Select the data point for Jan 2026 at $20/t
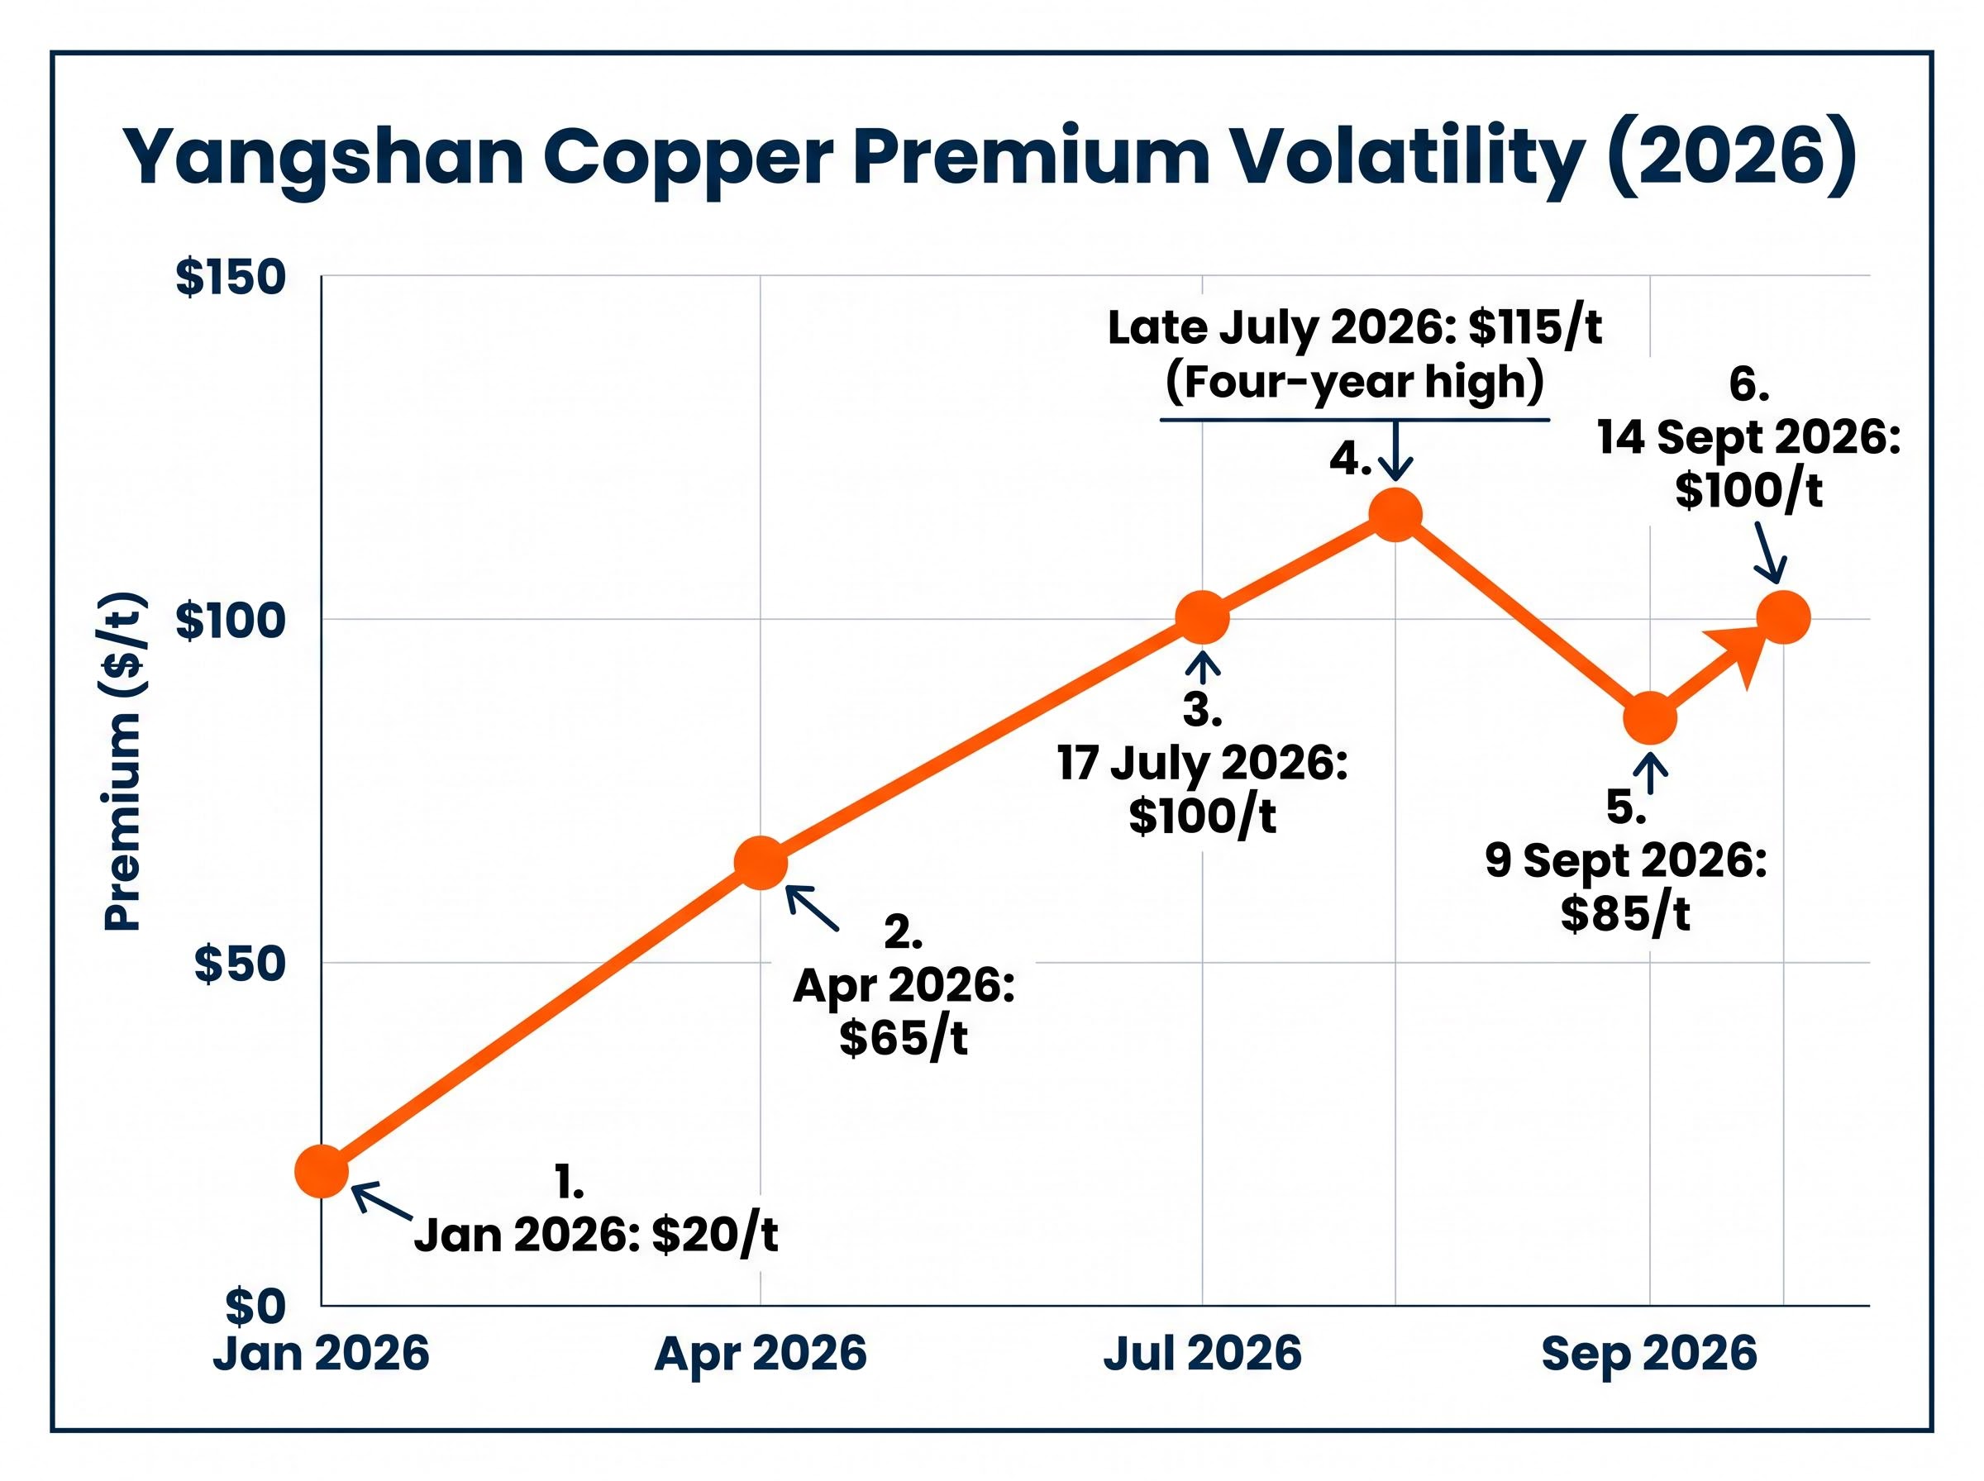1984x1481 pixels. point(321,1171)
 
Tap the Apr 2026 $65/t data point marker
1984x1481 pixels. point(761,863)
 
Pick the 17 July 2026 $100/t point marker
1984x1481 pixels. point(1201,617)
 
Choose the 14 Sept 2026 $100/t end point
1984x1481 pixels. point(1783,617)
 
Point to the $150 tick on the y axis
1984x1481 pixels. point(231,277)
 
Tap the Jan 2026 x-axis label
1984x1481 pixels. point(321,1353)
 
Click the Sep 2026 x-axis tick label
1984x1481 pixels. point(1648,1353)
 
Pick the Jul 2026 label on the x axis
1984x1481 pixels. point(1201,1353)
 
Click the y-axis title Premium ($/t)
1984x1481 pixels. point(123,761)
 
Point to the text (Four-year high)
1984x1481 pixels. point(1355,383)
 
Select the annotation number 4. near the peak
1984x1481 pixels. point(1350,459)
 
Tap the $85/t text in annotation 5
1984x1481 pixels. point(1625,913)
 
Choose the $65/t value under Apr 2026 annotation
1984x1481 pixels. point(904,1037)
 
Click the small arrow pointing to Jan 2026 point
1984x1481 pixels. point(382,1202)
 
